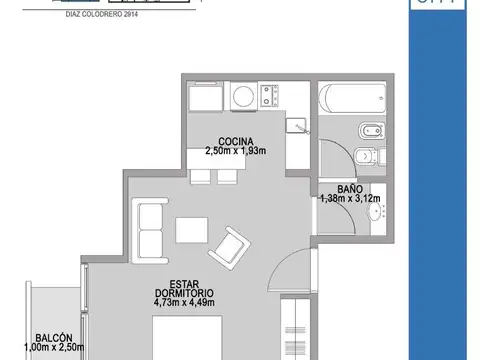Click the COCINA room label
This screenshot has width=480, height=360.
[236, 141]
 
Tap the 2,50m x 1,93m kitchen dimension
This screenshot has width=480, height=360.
[236, 151]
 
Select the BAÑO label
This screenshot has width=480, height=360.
[349, 187]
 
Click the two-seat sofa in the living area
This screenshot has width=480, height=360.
[150, 230]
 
